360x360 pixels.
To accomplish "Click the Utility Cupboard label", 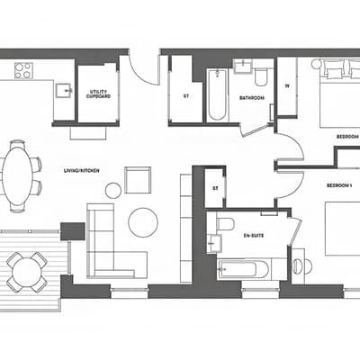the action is [x=98, y=94].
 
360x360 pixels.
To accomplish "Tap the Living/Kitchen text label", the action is [x=82, y=171].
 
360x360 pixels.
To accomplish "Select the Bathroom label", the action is [x=252, y=98].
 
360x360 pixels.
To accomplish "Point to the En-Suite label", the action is [x=254, y=236].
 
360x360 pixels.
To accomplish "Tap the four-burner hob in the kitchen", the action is [x=23, y=70].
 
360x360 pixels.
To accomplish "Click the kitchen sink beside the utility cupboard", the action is [x=64, y=90].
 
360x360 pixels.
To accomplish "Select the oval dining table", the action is [x=17, y=176].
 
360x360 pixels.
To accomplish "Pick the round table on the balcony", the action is [x=26, y=272].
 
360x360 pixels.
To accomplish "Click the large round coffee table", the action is [x=143, y=222].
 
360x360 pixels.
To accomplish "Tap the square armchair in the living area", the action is [x=138, y=180].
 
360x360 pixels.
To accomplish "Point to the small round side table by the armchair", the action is [x=113, y=190].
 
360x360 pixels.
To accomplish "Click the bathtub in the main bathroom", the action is [x=217, y=94].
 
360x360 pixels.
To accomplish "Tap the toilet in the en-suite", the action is [x=225, y=224].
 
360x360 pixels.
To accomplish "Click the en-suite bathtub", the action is [x=244, y=269].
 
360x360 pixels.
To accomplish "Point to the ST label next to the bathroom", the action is [x=186, y=96].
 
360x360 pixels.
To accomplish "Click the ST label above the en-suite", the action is [x=215, y=189].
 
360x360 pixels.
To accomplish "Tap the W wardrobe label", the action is [x=287, y=85].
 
